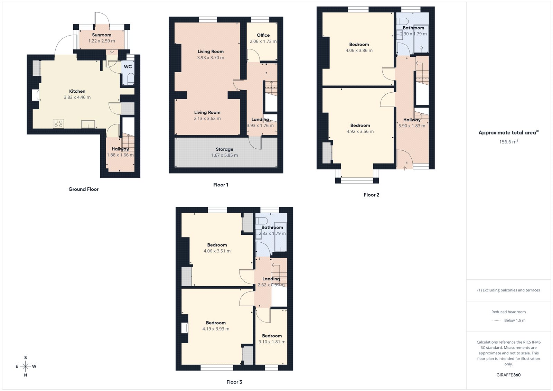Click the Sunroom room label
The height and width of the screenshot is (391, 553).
[x=102, y=35]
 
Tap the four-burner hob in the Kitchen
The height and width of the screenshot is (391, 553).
[x=58, y=123]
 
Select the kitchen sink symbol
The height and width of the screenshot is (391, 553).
[x=88, y=124]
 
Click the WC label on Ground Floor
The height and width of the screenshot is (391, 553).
[x=128, y=67]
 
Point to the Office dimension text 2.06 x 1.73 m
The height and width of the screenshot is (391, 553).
[x=263, y=41]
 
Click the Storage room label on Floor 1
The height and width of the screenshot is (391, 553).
[x=224, y=149]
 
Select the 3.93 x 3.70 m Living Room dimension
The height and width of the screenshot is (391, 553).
[x=210, y=58]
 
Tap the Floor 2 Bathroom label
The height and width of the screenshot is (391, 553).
[x=413, y=28]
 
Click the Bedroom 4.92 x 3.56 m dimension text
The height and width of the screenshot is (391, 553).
[x=360, y=131]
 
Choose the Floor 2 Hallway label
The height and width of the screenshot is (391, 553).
[x=412, y=120]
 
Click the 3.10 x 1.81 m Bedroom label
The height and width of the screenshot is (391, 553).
[x=272, y=336]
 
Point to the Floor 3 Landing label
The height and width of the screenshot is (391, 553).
[x=271, y=279]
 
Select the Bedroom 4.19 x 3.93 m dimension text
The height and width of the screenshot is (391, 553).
[x=216, y=329]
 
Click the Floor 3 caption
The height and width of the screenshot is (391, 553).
[x=234, y=382]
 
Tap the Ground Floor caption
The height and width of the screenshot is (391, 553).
[x=83, y=189]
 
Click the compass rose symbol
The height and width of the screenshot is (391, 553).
[x=26, y=366]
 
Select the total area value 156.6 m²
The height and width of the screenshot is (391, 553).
[x=508, y=142]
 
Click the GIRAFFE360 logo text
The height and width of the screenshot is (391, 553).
[x=508, y=375]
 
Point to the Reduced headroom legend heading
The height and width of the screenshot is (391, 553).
[x=508, y=312]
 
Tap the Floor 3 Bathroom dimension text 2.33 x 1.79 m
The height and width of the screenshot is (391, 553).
[x=272, y=233]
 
